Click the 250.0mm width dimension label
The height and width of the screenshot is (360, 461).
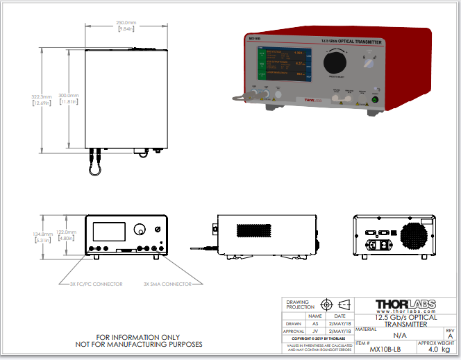[126, 22]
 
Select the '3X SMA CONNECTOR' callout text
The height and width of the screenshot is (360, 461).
[167, 284]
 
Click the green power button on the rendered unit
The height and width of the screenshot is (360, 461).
[376, 100]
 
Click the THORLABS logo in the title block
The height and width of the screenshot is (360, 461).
[405, 305]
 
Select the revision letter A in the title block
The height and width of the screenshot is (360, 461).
[450, 335]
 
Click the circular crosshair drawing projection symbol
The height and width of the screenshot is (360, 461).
[326, 305]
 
